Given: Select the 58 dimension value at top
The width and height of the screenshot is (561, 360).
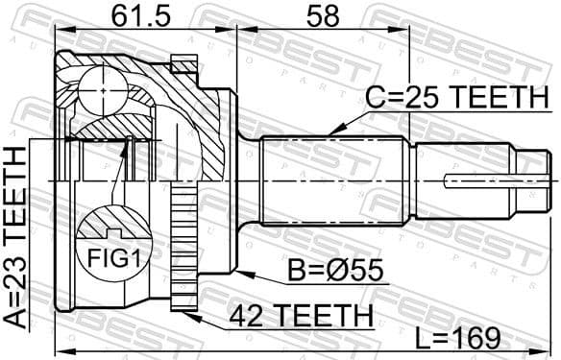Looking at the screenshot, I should (x=317, y=16).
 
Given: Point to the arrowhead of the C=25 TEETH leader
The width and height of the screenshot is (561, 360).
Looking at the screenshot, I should (x=330, y=132).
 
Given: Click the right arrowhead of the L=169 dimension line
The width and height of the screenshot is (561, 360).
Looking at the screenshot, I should (x=554, y=349).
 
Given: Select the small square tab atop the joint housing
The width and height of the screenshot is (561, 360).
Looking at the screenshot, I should (x=182, y=64).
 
